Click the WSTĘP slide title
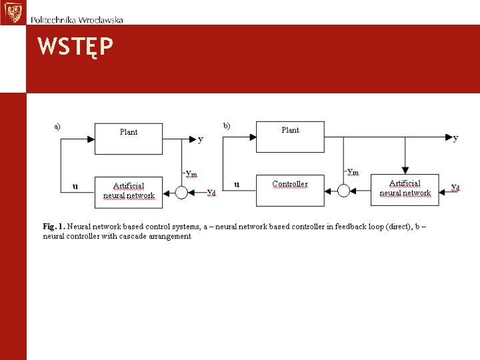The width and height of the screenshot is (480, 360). click(x=75, y=47)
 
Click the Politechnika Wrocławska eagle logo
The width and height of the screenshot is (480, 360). click(x=11, y=12)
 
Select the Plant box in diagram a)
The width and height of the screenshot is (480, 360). click(x=129, y=139)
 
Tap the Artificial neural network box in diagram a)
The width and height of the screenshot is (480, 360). click(x=129, y=191)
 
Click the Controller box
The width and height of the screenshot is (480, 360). click(x=290, y=190)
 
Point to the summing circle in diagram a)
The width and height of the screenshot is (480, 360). click(x=181, y=193)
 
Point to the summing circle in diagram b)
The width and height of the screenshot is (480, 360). click(x=343, y=191)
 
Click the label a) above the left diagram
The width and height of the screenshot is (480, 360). click(x=57, y=125)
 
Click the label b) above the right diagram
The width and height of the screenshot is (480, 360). click(x=227, y=125)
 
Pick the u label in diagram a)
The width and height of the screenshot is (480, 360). click(x=75, y=186)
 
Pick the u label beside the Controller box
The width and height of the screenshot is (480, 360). click(x=237, y=184)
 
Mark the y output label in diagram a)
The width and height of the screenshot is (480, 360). click(x=201, y=139)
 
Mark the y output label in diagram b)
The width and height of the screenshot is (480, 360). click(x=456, y=138)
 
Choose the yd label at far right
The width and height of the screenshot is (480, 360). click(x=455, y=187)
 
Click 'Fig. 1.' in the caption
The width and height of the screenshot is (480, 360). click(x=53, y=227)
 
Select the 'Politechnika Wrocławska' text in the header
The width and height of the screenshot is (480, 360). click(x=77, y=20)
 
